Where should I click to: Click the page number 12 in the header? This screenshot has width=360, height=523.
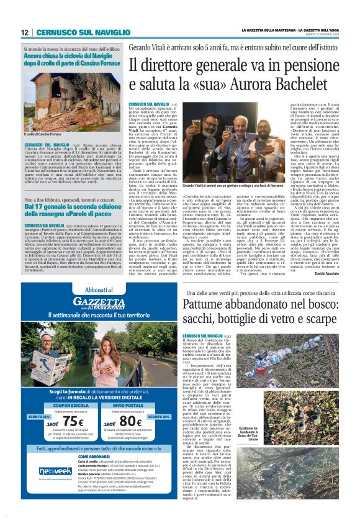24,32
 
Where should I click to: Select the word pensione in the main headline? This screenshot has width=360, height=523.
296,64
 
